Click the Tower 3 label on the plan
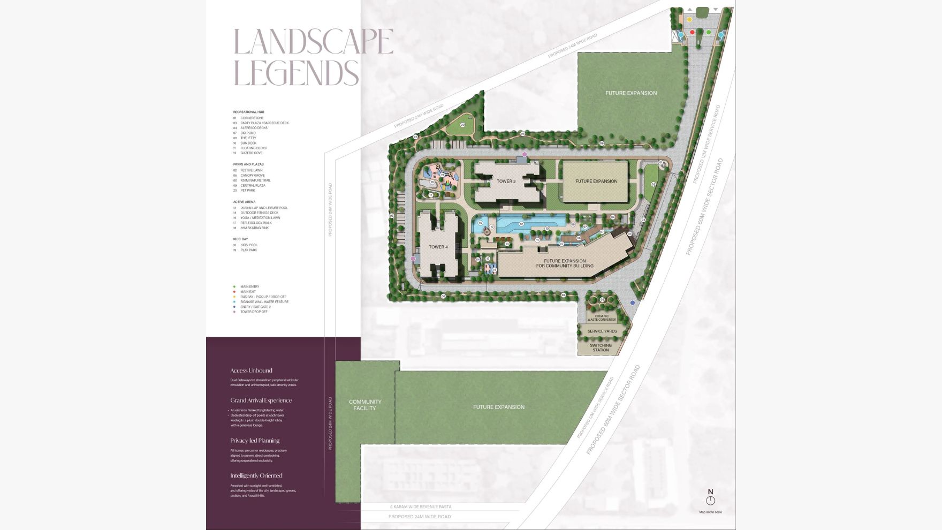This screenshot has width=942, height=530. click(x=506, y=181)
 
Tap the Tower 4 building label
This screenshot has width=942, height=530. click(x=438, y=247)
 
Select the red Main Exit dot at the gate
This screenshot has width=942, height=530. click(x=692, y=33)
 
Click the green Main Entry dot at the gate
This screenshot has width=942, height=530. click(x=709, y=33)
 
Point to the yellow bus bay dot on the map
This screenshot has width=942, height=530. click(x=689, y=20)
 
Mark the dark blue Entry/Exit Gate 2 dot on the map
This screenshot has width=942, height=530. click(x=633, y=303)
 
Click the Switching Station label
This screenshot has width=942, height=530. click(x=601, y=347)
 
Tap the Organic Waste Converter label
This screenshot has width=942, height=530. click(x=602, y=317)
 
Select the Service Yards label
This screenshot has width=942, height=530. click(x=602, y=331)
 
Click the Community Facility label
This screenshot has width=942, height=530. click(x=365, y=405)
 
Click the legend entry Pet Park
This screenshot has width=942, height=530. click(x=248, y=191)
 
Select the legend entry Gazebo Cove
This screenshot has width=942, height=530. click(x=251, y=153)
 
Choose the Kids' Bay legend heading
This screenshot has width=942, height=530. click(x=240, y=239)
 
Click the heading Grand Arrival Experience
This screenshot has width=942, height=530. click(x=261, y=400)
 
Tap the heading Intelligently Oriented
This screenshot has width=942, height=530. click(x=256, y=476)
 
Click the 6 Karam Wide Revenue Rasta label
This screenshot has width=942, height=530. click(x=421, y=506)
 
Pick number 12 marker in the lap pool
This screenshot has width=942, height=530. click(x=521, y=224)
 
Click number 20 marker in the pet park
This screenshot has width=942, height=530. click(x=462, y=125)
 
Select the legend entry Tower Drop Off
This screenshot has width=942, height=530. click(x=254, y=312)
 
